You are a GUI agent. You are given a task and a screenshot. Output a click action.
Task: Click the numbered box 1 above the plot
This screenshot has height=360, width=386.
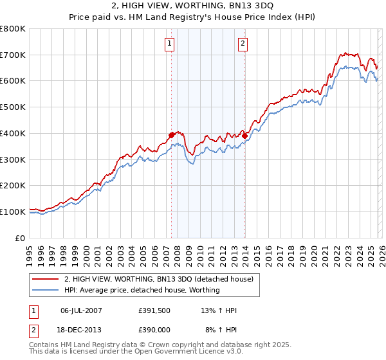169,44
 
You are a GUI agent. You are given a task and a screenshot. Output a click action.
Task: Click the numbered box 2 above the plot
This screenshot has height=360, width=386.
243,44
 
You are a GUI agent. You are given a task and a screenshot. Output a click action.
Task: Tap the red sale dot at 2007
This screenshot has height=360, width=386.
172,135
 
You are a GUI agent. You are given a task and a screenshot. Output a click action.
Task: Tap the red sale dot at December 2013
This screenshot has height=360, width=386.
245,136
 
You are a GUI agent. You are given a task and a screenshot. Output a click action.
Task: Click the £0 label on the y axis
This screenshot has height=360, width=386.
21,238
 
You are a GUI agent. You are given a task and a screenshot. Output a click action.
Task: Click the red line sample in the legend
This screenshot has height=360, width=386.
46,279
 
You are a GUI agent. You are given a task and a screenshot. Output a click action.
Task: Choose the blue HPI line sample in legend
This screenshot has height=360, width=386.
46,290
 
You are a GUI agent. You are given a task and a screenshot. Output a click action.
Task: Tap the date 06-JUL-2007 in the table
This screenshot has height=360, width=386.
81,310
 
